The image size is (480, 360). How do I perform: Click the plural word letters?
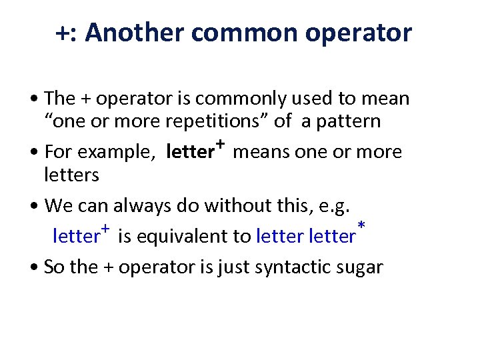coord(71,175)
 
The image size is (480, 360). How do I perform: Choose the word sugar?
coord(362,268)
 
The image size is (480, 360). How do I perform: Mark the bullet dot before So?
coord(34,267)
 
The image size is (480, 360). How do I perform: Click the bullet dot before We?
coord(34,205)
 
